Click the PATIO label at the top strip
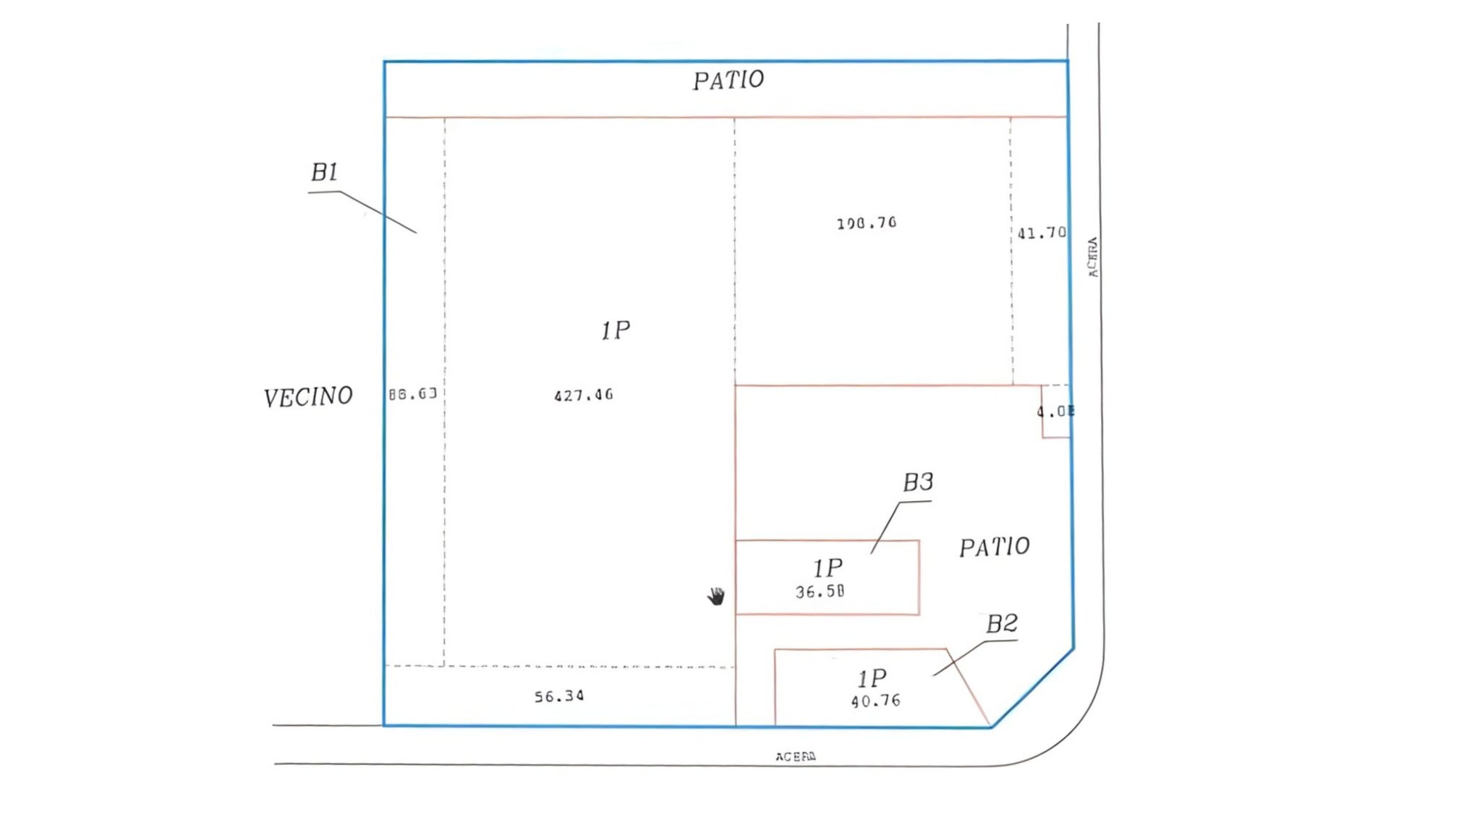coord(728,80)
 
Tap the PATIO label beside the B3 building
coord(994,547)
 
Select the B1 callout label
coord(324,172)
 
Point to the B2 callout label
coord(1002,623)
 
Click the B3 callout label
coord(918,482)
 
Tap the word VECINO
coord(308,397)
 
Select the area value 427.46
coord(583,396)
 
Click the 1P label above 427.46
coord(616,330)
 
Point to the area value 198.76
coord(866,223)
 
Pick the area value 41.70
coord(1041,233)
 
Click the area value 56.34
coord(559,696)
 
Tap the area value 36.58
coord(820,591)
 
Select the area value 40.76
coord(875,701)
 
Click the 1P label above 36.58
coord(828,568)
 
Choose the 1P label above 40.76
coord(872,678)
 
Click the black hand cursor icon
coord(715,597)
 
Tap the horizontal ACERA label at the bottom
coord(796,756)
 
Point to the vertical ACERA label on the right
coord(1092,257)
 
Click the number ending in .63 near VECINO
coord(412,394)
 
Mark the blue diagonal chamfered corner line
coord(1033,688)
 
